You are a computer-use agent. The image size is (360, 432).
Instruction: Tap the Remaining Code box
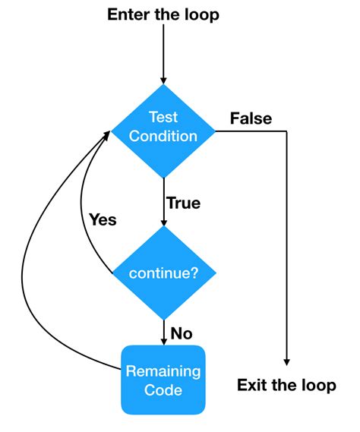(163, 380)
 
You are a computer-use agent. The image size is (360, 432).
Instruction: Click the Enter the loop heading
(163, 14)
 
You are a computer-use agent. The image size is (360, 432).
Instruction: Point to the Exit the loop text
(286, 385)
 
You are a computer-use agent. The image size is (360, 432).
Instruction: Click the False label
(251, 118)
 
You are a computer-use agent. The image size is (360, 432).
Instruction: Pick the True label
(183, 203)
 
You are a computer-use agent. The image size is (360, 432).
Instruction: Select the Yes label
(103, 219)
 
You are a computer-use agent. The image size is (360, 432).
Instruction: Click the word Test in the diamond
(163, 118)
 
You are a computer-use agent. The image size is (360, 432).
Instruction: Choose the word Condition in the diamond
(163, 137)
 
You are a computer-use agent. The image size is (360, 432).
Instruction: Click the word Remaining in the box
(163, 371)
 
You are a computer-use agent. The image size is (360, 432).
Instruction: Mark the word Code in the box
(163, 390)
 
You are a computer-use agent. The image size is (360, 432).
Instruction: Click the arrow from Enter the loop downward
(163, 53)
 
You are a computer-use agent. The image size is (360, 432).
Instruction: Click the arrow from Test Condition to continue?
(163, 201)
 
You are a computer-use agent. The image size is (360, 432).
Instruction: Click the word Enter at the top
(128, 14)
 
